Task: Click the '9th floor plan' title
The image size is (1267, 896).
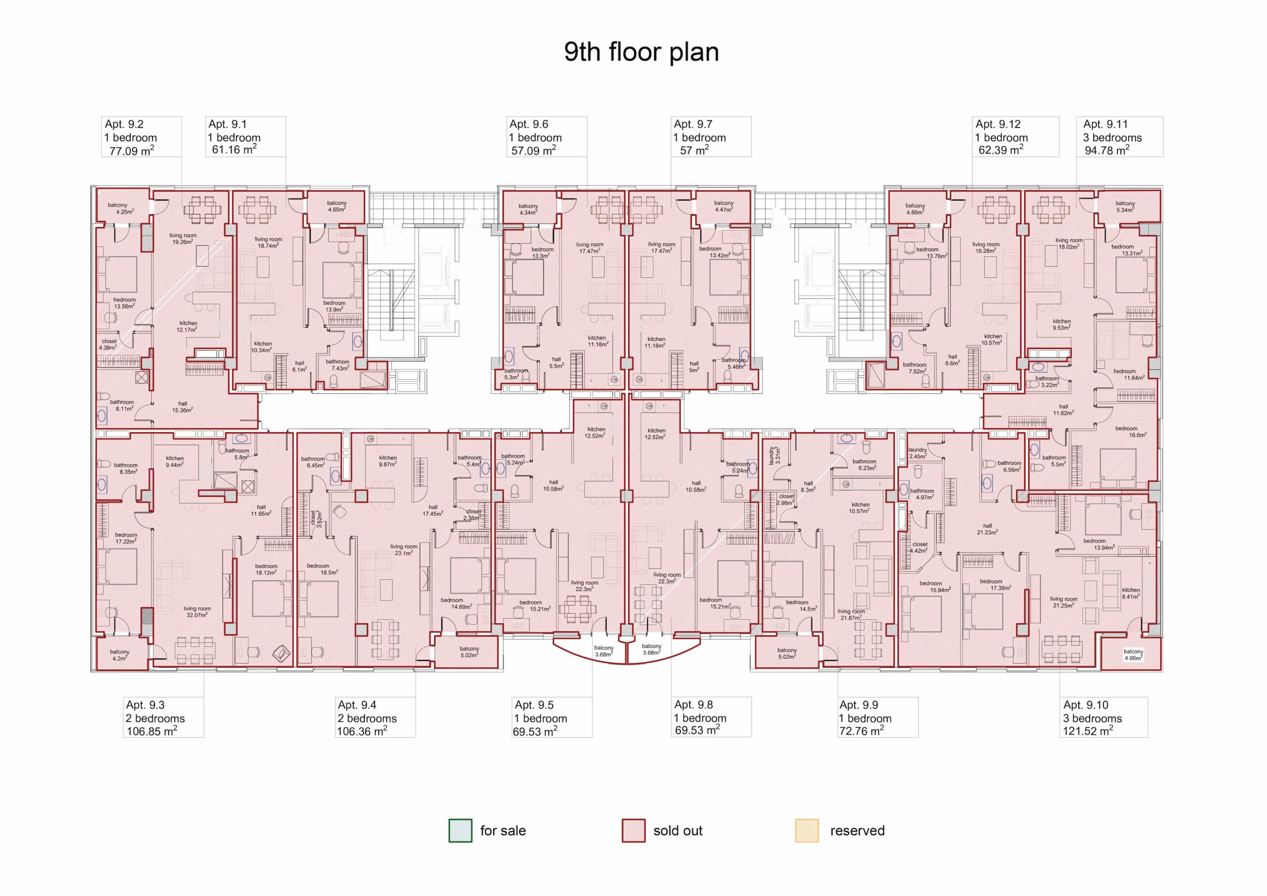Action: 641,52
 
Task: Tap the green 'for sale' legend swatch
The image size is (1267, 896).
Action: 460,830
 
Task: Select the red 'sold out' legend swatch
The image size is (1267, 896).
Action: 633,830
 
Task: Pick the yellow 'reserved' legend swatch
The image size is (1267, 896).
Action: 807,830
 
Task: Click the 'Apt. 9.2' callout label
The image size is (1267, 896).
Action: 124,124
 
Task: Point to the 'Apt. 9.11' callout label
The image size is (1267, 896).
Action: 1105,124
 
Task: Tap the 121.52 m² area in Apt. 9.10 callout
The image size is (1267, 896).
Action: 1088,731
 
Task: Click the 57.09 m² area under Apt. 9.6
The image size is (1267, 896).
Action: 533,150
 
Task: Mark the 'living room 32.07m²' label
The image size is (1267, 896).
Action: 197,612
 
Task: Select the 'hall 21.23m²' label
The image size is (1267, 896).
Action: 987,529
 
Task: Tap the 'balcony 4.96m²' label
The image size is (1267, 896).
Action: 1133,655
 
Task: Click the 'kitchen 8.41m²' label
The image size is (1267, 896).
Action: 1131,593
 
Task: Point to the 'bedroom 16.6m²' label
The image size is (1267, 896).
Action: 1126,431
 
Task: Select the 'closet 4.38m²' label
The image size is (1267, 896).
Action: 109,345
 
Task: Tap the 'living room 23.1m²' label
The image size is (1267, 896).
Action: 404,549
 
